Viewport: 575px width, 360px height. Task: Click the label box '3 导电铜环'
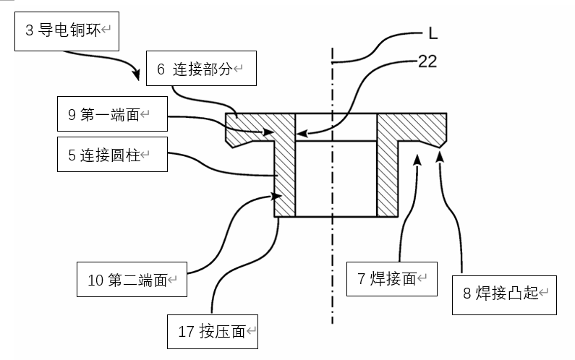click(66, 31)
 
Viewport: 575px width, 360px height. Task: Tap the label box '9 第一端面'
click(112, 114)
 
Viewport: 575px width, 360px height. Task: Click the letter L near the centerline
click(431, 33)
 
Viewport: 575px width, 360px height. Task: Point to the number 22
click(427, 62)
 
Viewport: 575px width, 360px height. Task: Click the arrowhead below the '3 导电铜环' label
click(135, 74)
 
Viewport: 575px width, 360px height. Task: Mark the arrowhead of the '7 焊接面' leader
click(417, 158)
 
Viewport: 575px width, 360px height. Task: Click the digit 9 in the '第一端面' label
click(72, 114)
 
